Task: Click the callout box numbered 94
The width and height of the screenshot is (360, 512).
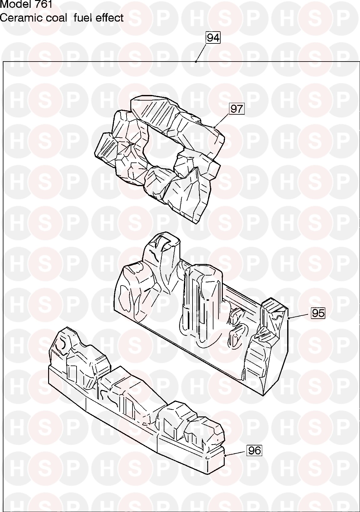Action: tap(213, 38)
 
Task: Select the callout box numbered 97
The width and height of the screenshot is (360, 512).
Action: tap(237, 109)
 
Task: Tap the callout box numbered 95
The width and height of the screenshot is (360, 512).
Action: tap(318, 313)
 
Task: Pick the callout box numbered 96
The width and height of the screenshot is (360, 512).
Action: tap(254, 450)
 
